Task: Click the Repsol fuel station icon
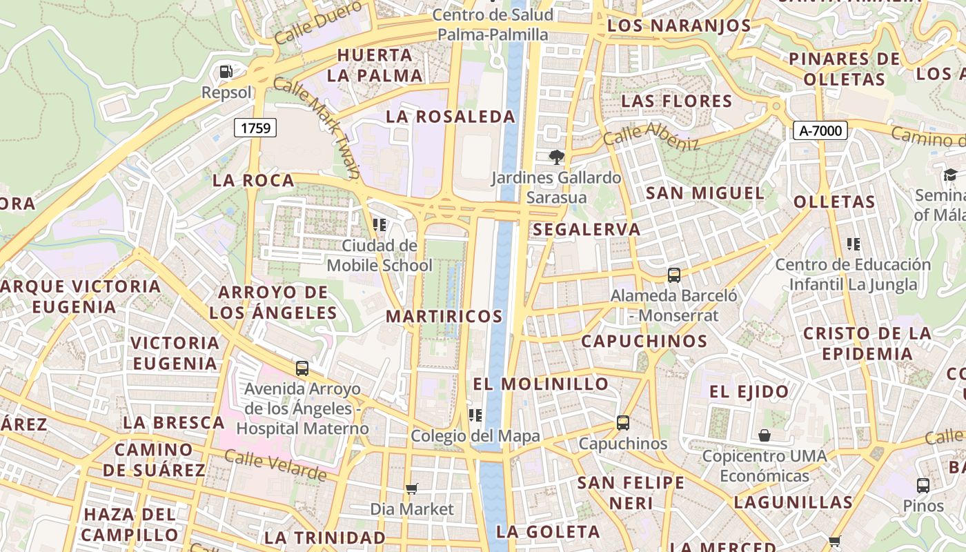[x=226, y=71]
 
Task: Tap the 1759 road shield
[x=255, y=128]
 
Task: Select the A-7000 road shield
[x=820, y=130]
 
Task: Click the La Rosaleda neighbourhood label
[x=451, y=117]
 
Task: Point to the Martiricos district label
[x=444, y=317]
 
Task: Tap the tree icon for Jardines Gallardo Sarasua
[x=556, y=157]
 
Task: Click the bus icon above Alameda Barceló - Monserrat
[x=674, y=275]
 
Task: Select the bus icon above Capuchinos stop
[x=623, y=423]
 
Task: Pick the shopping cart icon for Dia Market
[x=412, y=489]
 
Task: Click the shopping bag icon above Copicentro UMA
[x=764, y=435]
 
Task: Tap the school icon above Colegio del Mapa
[x=475, y=415]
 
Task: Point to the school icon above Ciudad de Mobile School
[x=378, y=225]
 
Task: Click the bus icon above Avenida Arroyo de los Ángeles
[x=302, y=368]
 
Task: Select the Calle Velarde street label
[x=275, y=466]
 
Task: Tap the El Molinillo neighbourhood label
[x=541, y=384]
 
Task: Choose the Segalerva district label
[x=587, y=229]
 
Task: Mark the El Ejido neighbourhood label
[x=749, y=392]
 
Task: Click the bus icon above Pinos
[x=923, y=485]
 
